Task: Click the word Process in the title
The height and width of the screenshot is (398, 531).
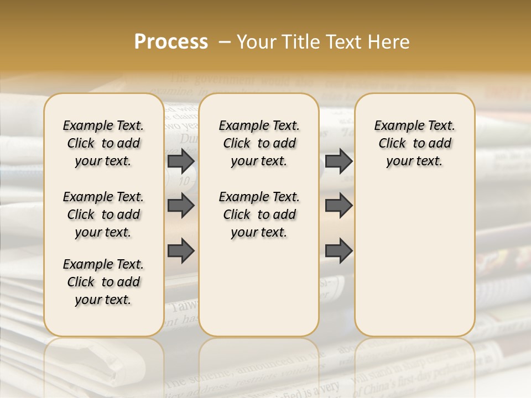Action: click(x=171, y=42)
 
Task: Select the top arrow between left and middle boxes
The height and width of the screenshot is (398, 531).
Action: click(x=181, y=161)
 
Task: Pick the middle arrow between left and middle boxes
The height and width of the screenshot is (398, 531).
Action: click(x=181, y=206)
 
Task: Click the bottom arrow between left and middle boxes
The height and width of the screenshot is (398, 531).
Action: click(x=181, y=251)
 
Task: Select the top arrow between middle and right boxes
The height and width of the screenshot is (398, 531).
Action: click(x=339, y=161)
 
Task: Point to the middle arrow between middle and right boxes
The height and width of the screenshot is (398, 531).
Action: click(x=339, y=206)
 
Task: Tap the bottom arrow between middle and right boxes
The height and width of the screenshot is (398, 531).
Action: click(x=339, y=251)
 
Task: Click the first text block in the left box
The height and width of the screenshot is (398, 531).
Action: click(x=103, y=143)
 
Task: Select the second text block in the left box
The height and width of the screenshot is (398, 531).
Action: click(x=103, y=214)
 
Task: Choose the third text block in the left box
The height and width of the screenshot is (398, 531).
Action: click(x=103, y=282)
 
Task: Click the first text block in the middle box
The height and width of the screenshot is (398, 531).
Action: click(x=259, y=143)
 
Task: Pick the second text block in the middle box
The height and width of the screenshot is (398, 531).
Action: click(x=259, y=214)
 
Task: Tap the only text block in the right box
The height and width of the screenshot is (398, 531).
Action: click(x=415, y=143)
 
